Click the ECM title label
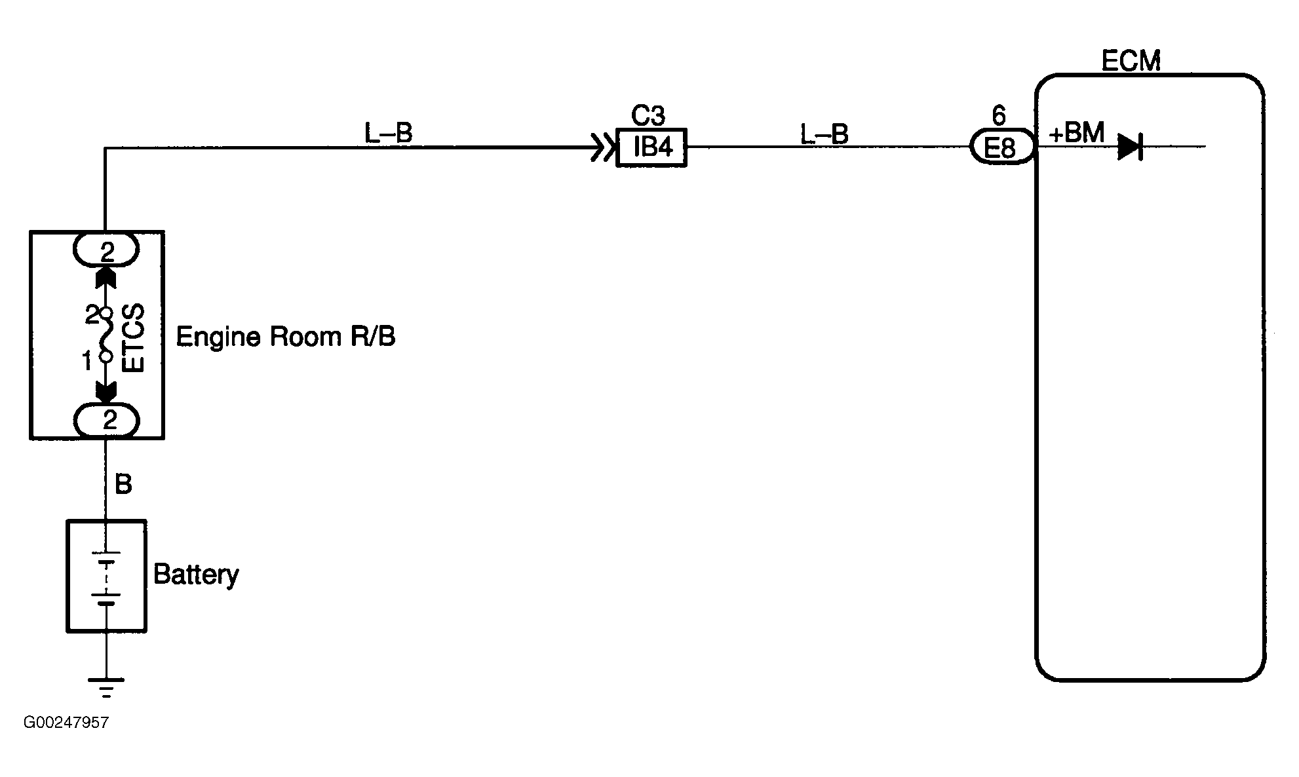click(x=1131, y=61)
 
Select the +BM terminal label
click(x=1076, y=134)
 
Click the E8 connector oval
click(x=1001, y=147)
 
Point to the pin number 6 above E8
click(x=998, y=116)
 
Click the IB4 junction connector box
click(x=651, y=147)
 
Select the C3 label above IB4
click(x=648, y=116)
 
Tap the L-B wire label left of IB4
click(x=388, y=134)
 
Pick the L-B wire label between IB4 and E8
click(x=824, y=134)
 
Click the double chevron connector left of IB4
click(x=599, y=147)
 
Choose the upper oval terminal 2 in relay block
click(x=106, y=250)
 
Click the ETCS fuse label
click(x=133, y=338)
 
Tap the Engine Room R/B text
click(x=286, y=337)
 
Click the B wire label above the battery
click(x=123, y=485)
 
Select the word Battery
click(x=196, y=575)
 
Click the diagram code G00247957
click(x=66, y=723)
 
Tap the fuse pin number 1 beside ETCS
click(x=87, y=361)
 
